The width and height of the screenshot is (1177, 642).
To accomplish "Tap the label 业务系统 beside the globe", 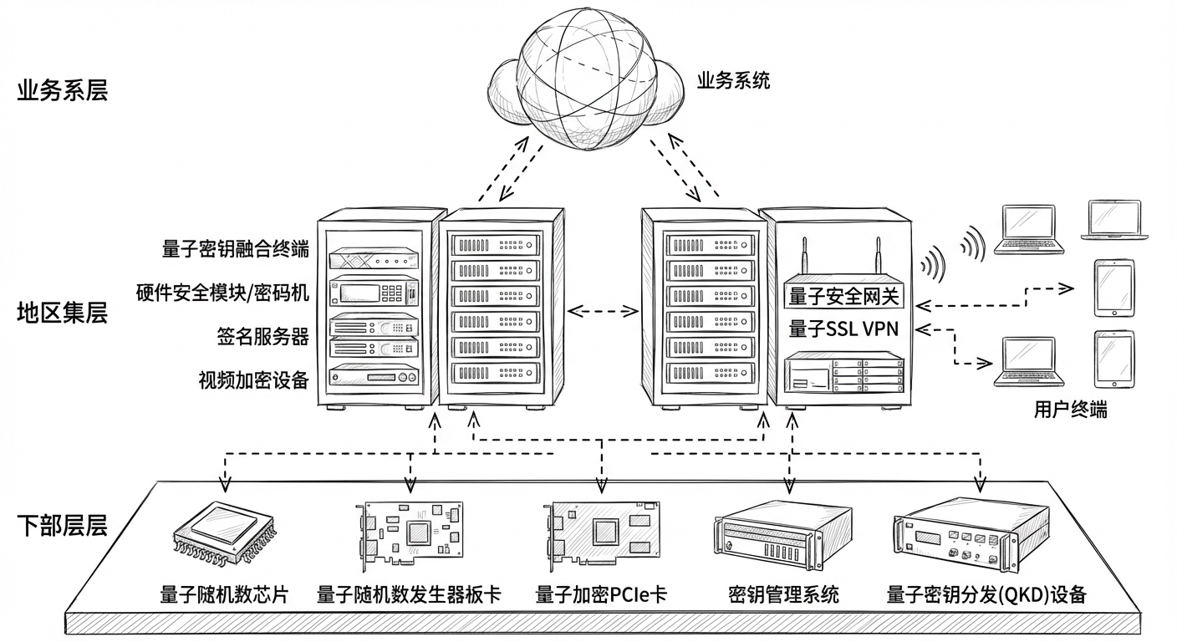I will [x=733, y=81].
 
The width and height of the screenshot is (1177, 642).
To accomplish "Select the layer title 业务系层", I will [x=63, y=90].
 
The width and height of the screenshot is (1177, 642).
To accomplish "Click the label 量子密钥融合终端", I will [x=236, y=249].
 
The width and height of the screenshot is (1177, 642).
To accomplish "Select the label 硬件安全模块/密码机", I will [x=222, y=293].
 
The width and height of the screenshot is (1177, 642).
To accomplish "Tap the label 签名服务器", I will [x=262, y=337].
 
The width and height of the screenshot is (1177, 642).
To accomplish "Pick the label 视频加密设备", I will [x=253, y=380].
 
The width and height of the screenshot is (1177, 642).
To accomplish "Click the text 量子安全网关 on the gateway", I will [x=843, y=296].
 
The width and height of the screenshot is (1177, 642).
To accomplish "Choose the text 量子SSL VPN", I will [x=843, y=329].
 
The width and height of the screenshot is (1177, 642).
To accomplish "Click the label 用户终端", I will [x=1070, y=410].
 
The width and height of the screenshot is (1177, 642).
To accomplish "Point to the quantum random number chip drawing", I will [x=225, y=532].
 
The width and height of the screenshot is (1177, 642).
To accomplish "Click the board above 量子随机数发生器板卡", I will [x=410, y=532].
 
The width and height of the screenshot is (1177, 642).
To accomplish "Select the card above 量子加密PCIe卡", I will [x=602, y=532].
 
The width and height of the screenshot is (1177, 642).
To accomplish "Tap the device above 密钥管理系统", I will [x=782, y=533].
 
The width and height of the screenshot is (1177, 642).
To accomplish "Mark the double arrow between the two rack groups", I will [x=603, y=312].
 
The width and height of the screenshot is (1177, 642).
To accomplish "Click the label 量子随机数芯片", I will [x=224, y=595].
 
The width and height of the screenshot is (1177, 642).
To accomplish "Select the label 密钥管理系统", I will [x=783, y=595].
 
